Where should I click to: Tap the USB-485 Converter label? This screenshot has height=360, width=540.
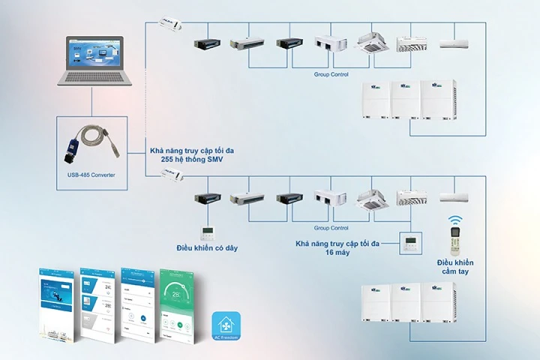click(90, 175)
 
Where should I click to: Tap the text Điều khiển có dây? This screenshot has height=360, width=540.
click(208, 247)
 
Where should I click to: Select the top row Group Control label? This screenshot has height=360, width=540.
click(330, 75)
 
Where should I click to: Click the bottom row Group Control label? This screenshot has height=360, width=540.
click(330, 227)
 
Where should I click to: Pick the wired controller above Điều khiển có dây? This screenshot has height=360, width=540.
click(207, 231)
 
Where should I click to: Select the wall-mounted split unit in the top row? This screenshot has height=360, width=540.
click(456, 42)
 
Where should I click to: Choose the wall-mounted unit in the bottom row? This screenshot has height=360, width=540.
click(456, 197)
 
